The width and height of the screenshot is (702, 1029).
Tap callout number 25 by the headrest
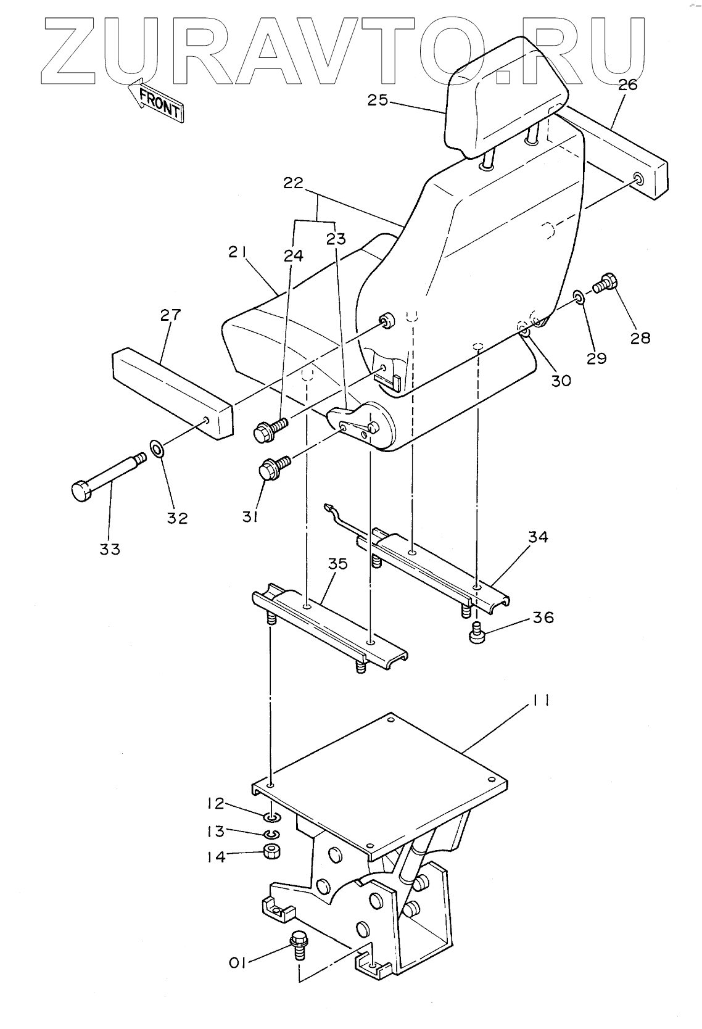point(378,99)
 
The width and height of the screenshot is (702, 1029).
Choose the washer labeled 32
point(157,447)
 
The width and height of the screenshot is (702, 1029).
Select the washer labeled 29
point(580,297)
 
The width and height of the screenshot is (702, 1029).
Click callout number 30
point(561,380)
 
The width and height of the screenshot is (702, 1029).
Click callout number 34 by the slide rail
point(538,537)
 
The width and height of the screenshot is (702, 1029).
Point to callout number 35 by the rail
point(337,564)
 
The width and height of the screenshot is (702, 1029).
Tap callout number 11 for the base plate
point(541,700)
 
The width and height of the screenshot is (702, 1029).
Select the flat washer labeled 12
point(272,818)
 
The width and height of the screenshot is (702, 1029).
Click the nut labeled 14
point(272,852)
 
